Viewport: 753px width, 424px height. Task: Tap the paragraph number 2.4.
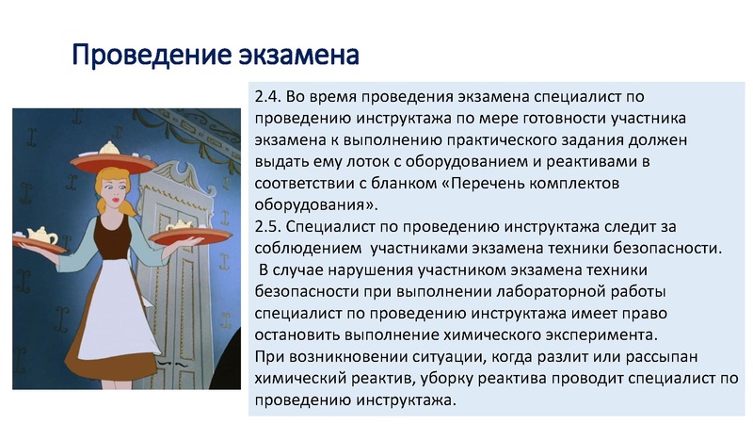268,97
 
